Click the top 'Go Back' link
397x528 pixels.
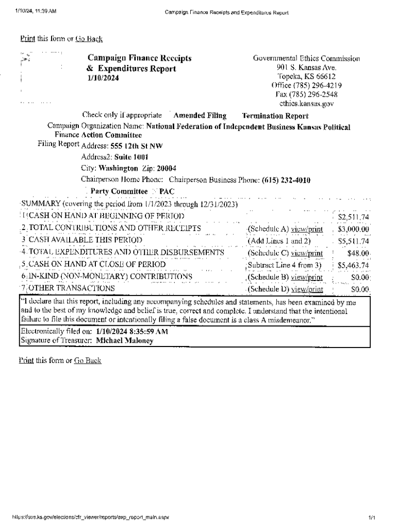click(89, 39)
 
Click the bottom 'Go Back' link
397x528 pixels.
click(88, 360)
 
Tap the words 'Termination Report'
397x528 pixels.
click(275, 116)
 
